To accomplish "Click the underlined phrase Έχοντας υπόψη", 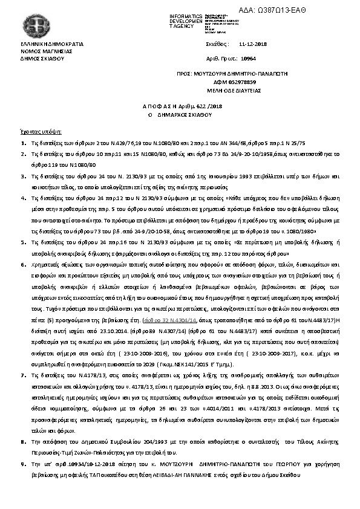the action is click(x=42, y=131).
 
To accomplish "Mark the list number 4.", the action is click(x=23, y=197).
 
